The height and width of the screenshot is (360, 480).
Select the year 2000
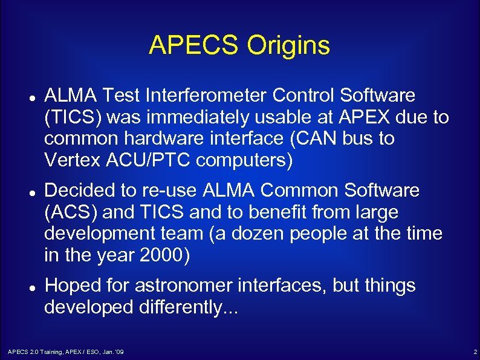point(160,256)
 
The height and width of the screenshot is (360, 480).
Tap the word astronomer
point(187,286)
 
